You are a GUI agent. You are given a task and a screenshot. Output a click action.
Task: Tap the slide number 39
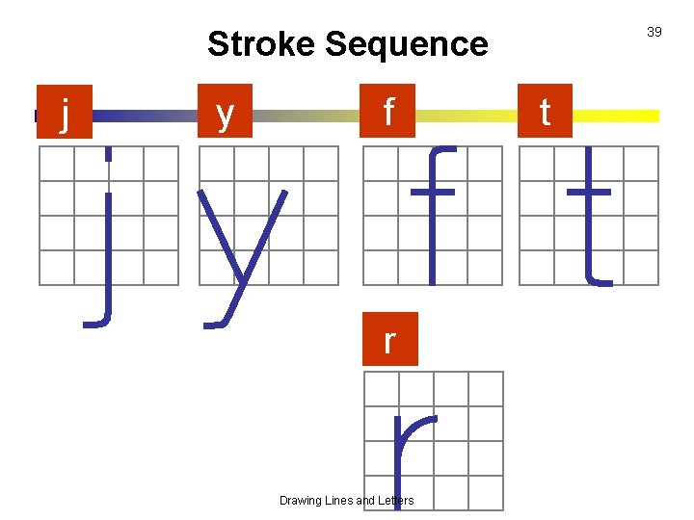pyautogui.click(x=654, y=32)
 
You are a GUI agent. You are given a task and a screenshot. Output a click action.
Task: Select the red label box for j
pyautogui.click(x=64, y=113)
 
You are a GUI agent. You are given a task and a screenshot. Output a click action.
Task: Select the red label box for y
pyautogui.click(x=225, y=113)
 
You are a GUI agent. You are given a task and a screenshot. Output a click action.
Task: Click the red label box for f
pyautogui.click(x=388, y=113)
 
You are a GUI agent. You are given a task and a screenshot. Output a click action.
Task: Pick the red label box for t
pyautogui.click(x=545, y=113)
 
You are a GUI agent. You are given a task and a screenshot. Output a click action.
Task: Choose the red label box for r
pyautogui.click(x=389, y=339)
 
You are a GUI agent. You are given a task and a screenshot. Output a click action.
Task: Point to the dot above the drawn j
pyautogui.click(x=109, y=154)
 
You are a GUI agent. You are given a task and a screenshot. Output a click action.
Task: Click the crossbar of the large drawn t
pyautogui.click(x=589, y=191)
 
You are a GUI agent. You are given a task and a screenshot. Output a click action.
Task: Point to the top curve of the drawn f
pyautogui.click(x=442, y=150)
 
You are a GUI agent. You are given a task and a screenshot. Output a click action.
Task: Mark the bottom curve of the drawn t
pyautogui.click(x=600, y=281)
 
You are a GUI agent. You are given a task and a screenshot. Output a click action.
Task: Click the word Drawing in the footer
pyautogui.click(x=302, y=501)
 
